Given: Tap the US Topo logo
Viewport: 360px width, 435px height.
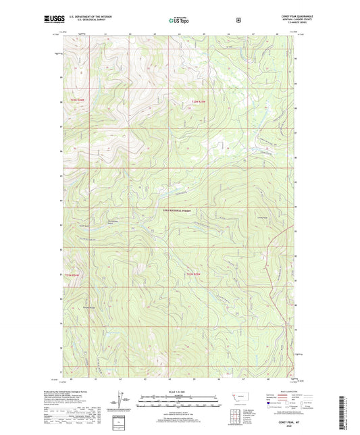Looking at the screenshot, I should (180, 20).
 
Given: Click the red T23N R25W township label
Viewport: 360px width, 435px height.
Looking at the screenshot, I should (195, 102).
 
